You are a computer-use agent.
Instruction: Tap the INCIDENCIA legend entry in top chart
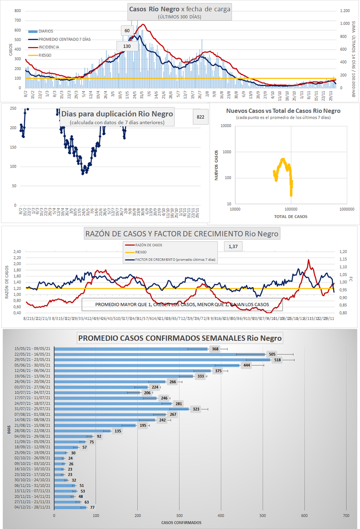pos(49,47)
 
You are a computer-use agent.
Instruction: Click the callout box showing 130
pos(127,46)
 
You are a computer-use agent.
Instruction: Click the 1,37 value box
pos(233,247)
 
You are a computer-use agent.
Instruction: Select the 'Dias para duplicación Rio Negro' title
pos(117,114)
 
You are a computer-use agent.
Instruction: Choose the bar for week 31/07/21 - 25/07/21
pos(121,409)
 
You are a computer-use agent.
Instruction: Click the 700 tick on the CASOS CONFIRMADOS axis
pos(345,515)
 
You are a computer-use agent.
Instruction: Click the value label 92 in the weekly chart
pos(99,436)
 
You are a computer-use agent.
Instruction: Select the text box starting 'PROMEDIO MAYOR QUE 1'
pos(181,305)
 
